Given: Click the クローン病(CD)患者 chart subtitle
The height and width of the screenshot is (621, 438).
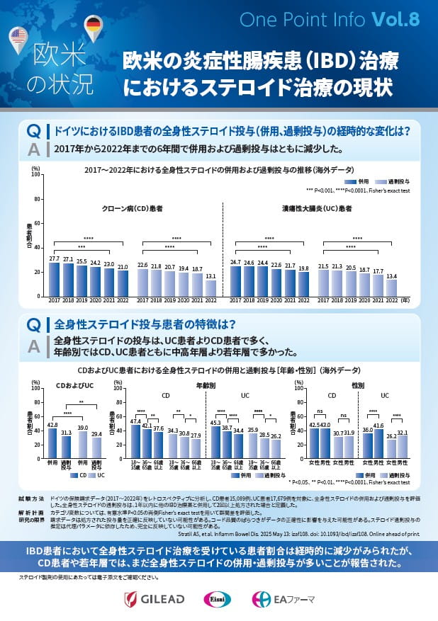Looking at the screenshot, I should pos(132,210).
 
